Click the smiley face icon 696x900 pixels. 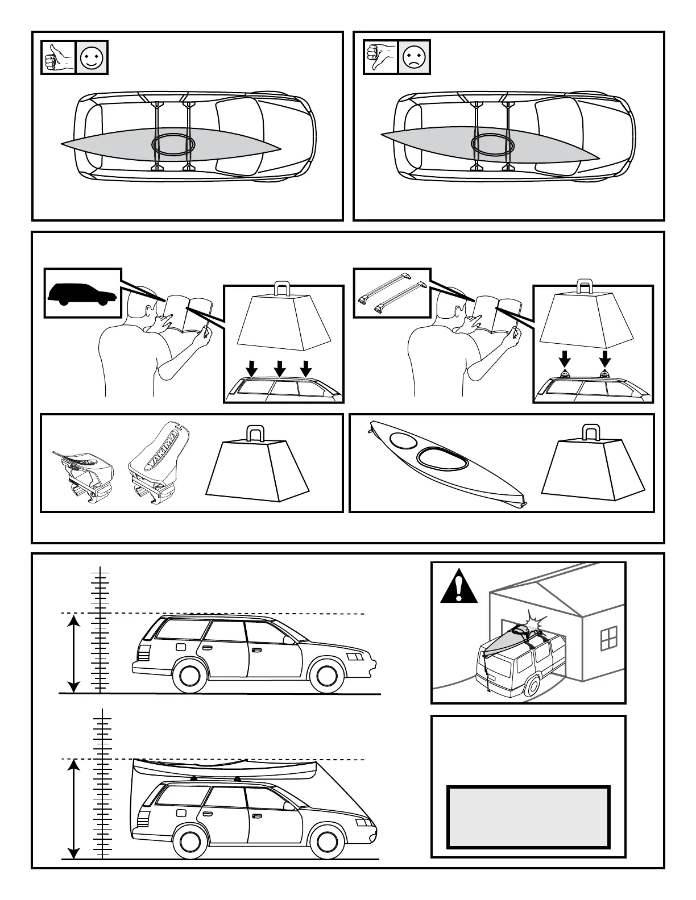91,57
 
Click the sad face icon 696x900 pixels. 413,57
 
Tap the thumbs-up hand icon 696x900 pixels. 59,57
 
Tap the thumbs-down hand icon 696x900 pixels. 381,57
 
